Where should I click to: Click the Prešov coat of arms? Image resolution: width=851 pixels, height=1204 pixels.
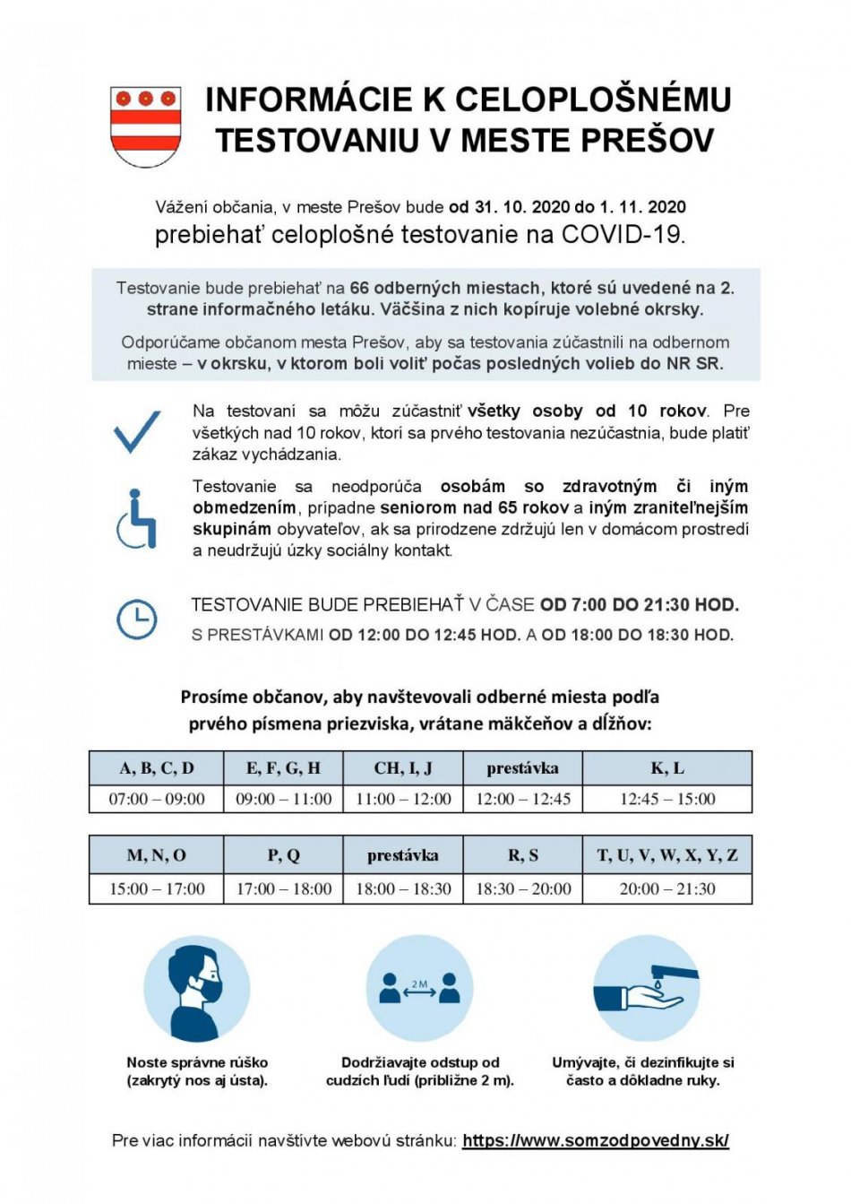tap(145, 126)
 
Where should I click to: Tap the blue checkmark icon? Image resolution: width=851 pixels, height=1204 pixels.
tap(137, 431)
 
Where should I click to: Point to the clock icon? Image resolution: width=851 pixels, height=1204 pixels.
tap(137, 619)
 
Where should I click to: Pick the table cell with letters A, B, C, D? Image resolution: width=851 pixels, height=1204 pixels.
tap(157, 768)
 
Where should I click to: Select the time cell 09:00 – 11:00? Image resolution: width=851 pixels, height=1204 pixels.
tap(283, 799)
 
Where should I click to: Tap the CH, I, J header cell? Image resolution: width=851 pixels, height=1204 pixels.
tap(403, 768)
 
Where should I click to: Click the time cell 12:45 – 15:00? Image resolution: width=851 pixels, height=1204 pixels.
tap(667, 799)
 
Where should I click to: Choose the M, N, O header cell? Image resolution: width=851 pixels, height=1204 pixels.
tap(157, 855)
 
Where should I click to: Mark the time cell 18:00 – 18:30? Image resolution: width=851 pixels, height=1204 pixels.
tap(403, 888)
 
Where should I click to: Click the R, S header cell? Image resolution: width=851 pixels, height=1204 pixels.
tap(523, 855)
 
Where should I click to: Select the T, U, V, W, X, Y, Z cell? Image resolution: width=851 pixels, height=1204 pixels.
tap(667, 855)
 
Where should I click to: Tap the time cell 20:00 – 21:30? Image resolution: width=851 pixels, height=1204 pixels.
tap(667, 888)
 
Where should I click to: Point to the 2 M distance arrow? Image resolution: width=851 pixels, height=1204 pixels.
tap(419, 990)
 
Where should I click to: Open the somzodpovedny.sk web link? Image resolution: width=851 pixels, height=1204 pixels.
tap(596, 1141)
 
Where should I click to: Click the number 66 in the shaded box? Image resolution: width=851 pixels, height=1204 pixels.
tap(359, 288)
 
